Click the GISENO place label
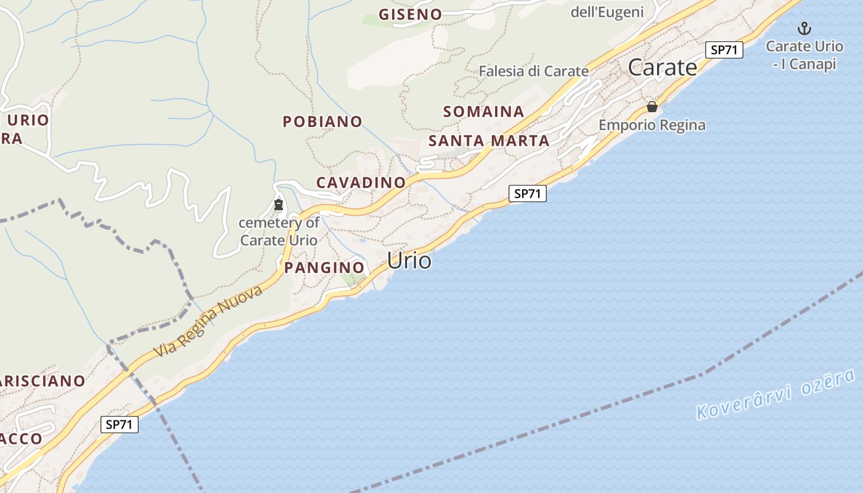coord(410,14)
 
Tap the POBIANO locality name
coord(322,121)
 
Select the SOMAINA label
coord(483,112)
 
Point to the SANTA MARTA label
coord(489,141)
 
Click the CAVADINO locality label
coord(361,182)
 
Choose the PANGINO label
coord(324,267)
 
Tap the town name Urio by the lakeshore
coord(409,261)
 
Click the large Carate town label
coord(663,67)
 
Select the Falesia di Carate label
coord(534,71)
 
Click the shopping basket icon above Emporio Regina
coord(652,107)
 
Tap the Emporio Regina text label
coord(652,125)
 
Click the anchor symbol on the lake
coord(804,28)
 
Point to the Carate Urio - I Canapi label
coord(804,55)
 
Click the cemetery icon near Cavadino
coord(279,205)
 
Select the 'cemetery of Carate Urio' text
coord(279,231)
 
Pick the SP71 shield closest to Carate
coord(724,50)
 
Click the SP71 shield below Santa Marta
coord(528,194)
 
